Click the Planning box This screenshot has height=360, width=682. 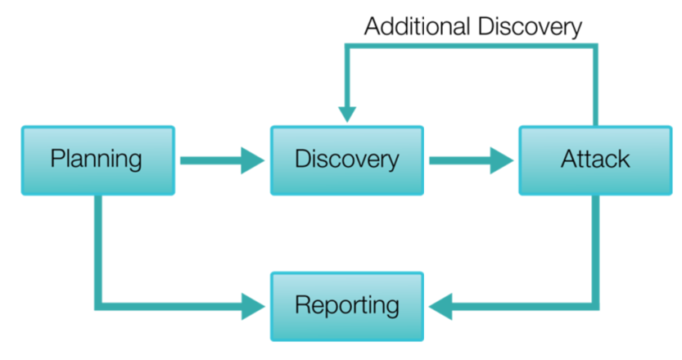(97, 160)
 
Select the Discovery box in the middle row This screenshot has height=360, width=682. (347, 160)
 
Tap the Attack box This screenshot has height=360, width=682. (595, 160)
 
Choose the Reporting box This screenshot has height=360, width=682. (347, 306)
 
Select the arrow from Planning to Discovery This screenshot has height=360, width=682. (221, 160)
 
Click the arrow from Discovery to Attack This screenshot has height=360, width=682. (471, 160)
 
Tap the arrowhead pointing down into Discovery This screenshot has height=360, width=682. (347, 114)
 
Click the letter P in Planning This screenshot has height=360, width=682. (56, 159)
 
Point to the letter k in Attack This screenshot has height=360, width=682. (624, 159)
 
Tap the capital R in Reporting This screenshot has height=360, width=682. (301, 305)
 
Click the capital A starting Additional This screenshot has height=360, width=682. (373, 26)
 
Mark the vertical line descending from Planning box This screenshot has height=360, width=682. (97, 245)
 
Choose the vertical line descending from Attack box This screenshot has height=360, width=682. (595, 245)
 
